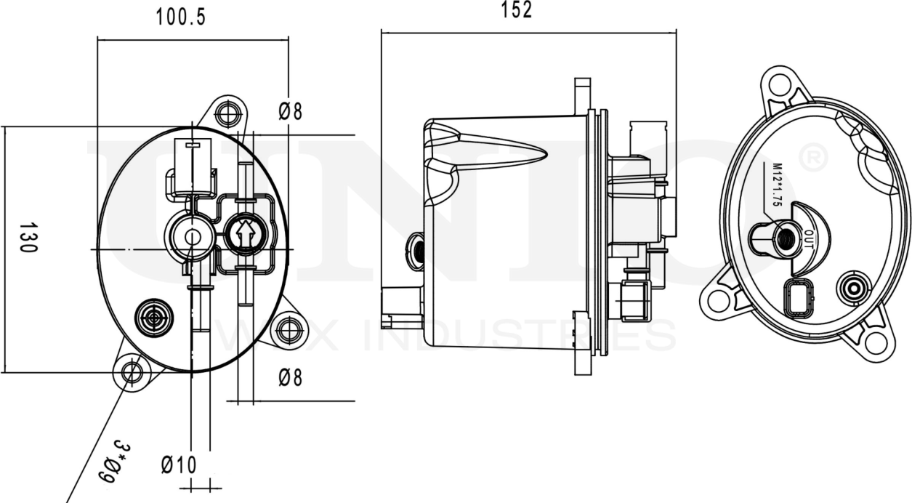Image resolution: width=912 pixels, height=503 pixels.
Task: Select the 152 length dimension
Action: point(517,9)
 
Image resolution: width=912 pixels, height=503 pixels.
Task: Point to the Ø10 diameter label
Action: point(179,465)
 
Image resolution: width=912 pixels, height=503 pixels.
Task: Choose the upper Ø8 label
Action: point(291,111)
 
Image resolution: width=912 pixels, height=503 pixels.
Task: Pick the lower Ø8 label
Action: point(291,377)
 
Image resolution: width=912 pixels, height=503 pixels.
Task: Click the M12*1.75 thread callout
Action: point(775,185)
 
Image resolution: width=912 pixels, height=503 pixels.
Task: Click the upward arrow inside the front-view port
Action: point(245,235)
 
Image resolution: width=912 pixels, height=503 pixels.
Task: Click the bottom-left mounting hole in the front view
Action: point(132,373)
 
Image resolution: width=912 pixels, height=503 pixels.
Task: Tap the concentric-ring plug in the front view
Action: point(154,318)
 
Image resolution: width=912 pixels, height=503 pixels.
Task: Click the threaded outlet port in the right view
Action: point(784,238)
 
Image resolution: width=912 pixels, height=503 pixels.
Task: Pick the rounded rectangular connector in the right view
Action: point(799,298)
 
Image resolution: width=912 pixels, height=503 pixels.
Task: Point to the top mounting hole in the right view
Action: point(779,84)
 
